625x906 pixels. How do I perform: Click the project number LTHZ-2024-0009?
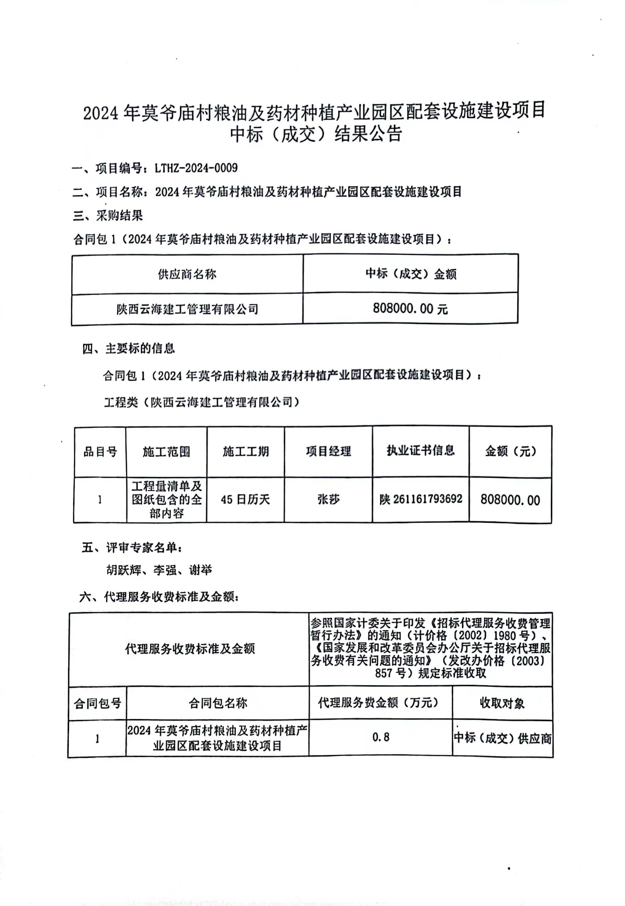[196, 168]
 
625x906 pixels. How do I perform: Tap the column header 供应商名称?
[187, 274]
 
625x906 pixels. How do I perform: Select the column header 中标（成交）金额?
[410, 274]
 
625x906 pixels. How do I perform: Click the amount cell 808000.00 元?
[410, 309]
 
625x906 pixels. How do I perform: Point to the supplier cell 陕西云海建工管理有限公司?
[187, 310]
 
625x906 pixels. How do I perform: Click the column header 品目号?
[100, 452]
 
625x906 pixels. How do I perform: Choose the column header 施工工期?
[245, 452]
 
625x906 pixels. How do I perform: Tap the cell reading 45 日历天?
[245, 500]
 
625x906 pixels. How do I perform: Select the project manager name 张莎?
[328, 500]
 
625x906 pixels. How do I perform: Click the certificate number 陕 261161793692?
[420, 499]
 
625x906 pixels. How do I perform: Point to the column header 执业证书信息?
[420, 451]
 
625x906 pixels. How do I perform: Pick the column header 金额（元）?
[510, 451]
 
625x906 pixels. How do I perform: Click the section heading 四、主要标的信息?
[128, 348]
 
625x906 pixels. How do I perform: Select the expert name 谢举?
[200, 570]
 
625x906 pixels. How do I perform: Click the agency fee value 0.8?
[381, 737]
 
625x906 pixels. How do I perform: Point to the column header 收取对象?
[502, 703]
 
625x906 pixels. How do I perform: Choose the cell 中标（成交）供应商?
[502, 738]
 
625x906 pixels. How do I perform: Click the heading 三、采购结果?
[108, 215]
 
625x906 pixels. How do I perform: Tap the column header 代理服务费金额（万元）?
[378, 703]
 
